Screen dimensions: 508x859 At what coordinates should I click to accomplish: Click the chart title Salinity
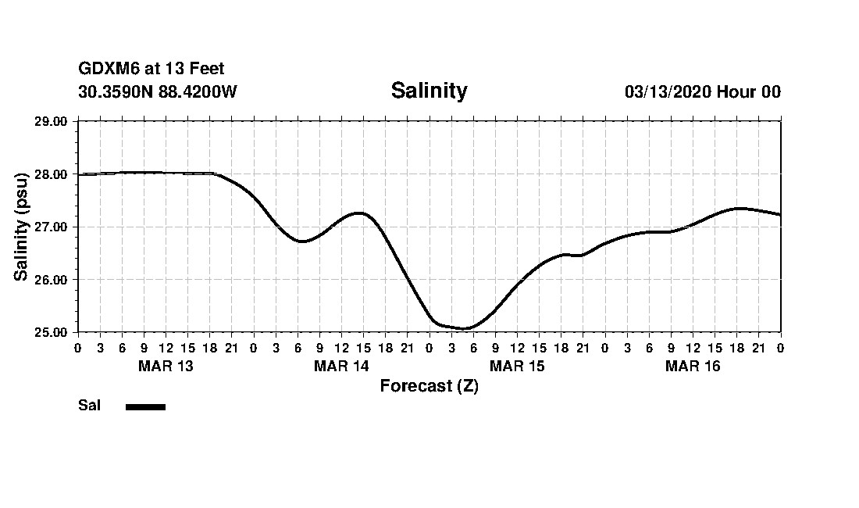[429, 91]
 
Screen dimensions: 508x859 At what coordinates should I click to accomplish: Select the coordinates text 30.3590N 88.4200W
[158, 91]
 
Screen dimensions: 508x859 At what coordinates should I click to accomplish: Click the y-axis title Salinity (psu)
[22, 226]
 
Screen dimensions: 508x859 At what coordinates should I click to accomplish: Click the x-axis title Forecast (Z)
[429, 385]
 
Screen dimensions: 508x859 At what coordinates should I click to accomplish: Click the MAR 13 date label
[166, 366]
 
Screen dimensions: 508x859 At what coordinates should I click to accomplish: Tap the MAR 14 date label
[341, 366]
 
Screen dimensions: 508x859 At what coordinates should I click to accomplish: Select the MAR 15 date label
[517, 366]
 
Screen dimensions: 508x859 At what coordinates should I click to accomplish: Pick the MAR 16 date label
[693, 366]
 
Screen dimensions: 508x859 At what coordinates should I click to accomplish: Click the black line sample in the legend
[145, 406]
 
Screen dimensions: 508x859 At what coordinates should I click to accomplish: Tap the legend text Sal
[89, 406]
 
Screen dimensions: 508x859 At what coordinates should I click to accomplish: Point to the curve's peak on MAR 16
[739, 208]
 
